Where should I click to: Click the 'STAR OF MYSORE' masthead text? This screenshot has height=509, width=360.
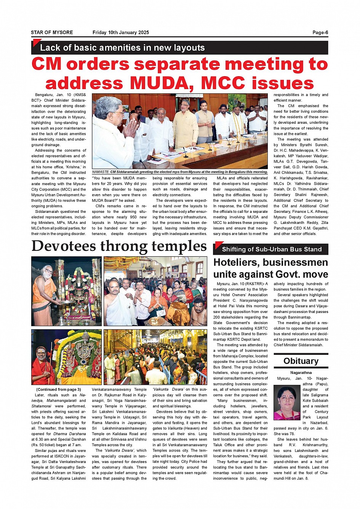(x=52, y=33)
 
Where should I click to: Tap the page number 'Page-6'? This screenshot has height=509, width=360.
(x=320, y=33)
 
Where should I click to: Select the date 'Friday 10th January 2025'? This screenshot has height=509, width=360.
(x=121, y=33)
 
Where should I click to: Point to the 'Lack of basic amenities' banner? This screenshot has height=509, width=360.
(x=123, y=48)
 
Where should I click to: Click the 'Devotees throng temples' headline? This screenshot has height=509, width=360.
(x=119, y=246)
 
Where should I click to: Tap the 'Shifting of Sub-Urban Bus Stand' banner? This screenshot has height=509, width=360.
(x=272, y=250)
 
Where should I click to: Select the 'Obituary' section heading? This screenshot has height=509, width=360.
(x=301, y=361)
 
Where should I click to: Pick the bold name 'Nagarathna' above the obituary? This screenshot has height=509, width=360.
(x=301, y=373)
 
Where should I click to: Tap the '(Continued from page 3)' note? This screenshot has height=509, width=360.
(x=58, y=389)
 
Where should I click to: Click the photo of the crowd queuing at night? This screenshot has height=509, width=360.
(x=155, y=357)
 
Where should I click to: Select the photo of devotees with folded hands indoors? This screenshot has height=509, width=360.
(x=155, y=291)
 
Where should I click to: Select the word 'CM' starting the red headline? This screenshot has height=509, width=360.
(x=46, y=64)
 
